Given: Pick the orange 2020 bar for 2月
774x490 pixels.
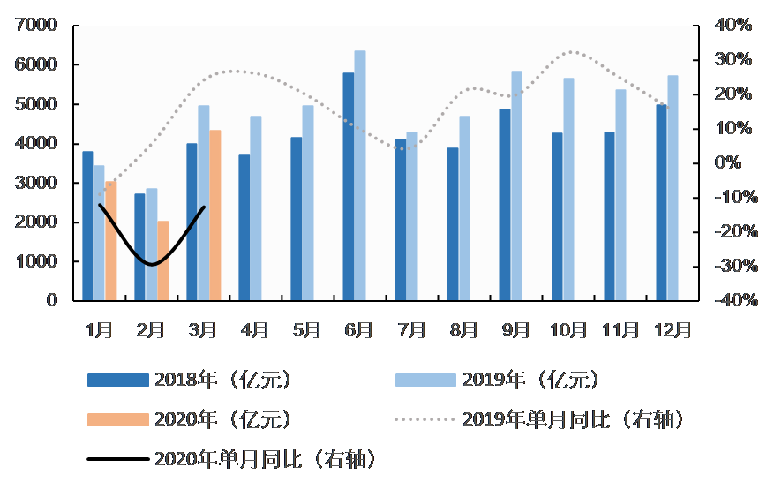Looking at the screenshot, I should coord(163,260).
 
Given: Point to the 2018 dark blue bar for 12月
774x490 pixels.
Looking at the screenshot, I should coord(662,202).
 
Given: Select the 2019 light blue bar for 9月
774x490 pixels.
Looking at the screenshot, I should coord(516,185).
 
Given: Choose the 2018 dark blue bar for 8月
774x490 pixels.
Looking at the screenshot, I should coord(453,224).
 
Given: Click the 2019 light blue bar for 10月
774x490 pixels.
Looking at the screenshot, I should coord(568,189).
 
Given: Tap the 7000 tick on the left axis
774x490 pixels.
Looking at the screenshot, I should coord(38,26).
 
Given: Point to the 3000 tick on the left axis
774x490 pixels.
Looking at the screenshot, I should coord(38,183).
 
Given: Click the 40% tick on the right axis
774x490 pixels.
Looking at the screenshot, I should coord(733,26).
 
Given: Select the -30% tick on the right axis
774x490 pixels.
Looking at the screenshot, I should coord(732,267).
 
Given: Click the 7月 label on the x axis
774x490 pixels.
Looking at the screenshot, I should coord(410,330).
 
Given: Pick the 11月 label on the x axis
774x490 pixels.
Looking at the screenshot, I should coord(620,330).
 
